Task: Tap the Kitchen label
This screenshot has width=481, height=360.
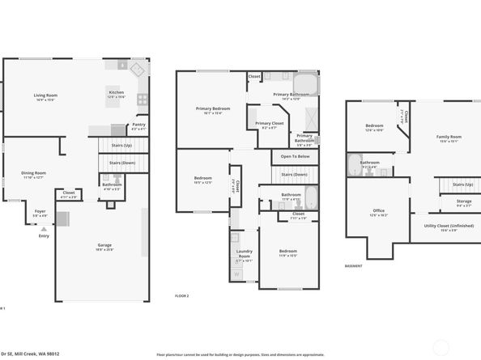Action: click(x=117, y=93)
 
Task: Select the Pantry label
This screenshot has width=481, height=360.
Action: click(x=139, y=126)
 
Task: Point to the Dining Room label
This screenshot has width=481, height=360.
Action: click(x=33, y=174)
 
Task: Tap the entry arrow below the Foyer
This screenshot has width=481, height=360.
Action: click(x=44, y=229)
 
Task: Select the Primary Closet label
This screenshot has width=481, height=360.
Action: click(x=270, y=125)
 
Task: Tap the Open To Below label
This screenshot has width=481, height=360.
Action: click(x=295, y=156)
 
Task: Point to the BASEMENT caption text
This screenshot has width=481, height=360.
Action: click(x=353, y=265)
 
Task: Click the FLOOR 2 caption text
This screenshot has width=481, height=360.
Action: click(x=181, y=297)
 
